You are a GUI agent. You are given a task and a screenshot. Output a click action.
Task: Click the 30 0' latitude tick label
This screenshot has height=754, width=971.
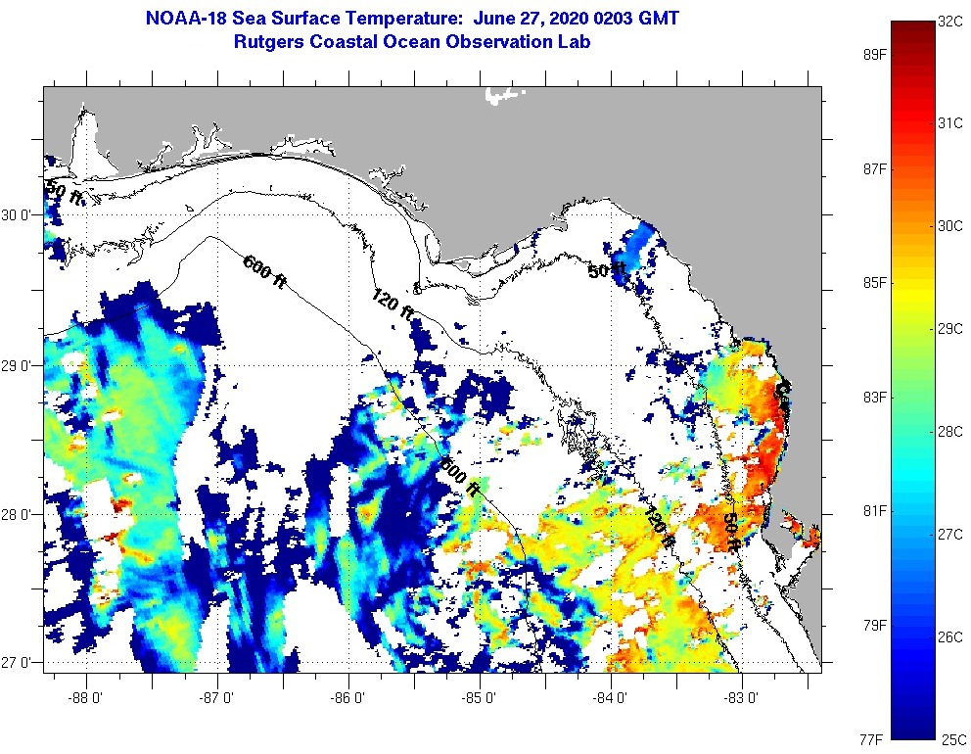[x=19, y=214]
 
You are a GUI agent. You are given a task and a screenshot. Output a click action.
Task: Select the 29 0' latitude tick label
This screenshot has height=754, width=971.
[x=19, y=365]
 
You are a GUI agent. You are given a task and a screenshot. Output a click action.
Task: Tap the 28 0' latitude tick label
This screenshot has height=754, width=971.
[x=19, y=514]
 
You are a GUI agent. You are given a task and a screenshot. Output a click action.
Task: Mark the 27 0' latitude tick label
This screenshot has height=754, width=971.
[x=19, y=663]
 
